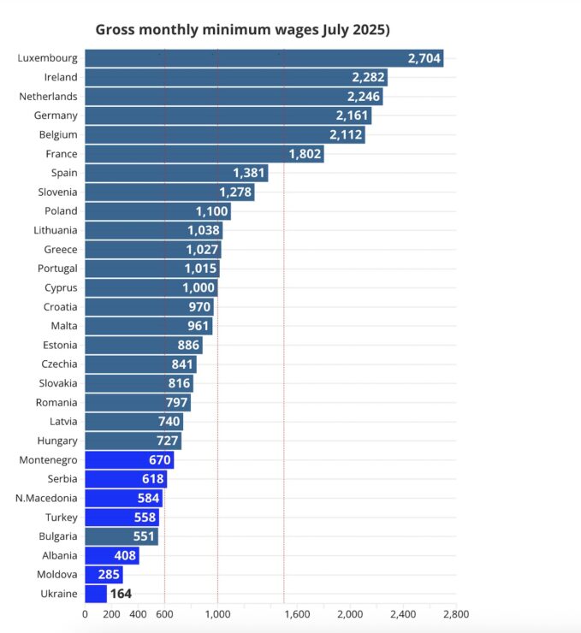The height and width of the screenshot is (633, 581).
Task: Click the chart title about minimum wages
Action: point(242,30)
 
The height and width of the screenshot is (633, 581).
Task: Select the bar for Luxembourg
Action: point(257,58)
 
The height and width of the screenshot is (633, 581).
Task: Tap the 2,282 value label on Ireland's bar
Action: point(369,77)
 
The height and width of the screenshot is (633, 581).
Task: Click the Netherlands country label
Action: point(48,97)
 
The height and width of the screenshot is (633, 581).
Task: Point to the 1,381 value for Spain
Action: point(249,173)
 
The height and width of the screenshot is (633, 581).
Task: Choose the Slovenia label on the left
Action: point(56,192)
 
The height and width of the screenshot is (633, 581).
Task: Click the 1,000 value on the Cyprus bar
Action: point(199,287)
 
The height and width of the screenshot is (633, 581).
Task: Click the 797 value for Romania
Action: point(177,402)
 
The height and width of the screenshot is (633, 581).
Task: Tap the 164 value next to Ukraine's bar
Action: point(121,594)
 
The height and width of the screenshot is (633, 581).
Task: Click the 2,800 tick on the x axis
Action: point(455,613)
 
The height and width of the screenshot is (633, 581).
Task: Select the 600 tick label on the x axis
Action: point(164,613)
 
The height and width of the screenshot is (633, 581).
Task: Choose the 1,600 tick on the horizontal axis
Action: point(296,613)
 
